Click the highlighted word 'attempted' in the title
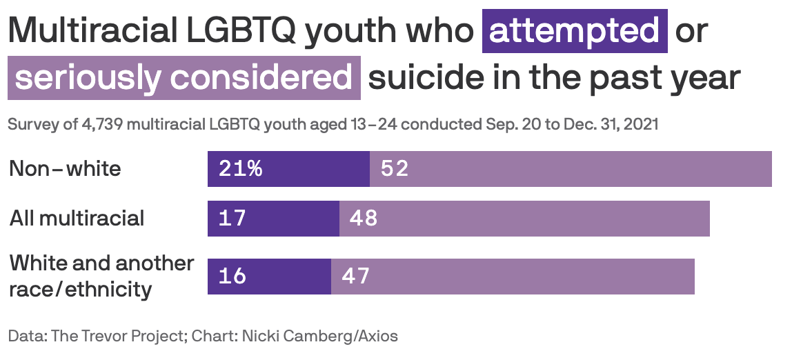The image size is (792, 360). point(575,31)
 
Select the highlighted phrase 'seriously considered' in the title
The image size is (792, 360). point(184,78)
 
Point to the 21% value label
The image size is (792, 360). point(240,169)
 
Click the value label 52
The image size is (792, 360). point(395,169)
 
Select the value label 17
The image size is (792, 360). point(232,219)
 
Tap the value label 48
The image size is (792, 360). point(364,219)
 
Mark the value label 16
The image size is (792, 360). point(232,277)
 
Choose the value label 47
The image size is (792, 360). point(356,277)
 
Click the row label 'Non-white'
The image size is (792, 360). point(65,169)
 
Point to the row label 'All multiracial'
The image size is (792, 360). point(77,219)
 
